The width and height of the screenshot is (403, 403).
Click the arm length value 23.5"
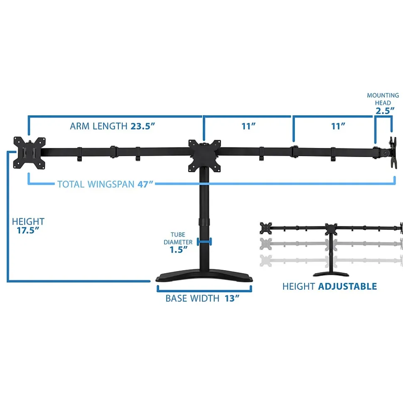point(143,126)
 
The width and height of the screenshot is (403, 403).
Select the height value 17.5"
point(28,231)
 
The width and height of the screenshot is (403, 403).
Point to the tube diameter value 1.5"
point(179,249)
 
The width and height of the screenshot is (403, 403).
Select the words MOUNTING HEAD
point(383,99)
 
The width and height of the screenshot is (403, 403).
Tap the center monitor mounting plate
point(204,155)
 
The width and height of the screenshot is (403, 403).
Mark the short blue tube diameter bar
point(204,241)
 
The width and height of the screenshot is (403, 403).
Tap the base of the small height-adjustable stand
point(331,274)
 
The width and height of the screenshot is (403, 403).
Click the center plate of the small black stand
point(332,229)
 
